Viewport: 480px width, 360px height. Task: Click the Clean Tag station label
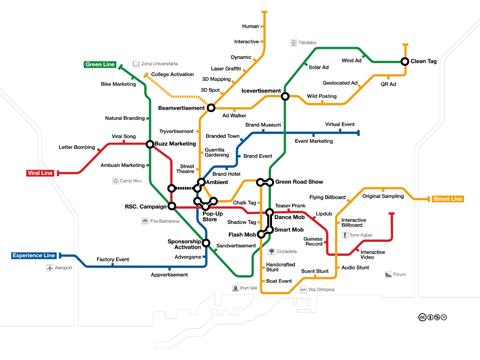point(423,62)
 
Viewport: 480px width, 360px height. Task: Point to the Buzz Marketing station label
point(175,144)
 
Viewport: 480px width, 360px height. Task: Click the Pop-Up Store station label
point(213,215)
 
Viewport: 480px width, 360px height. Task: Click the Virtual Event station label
point(341,124)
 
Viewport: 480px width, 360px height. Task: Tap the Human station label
point(250,27)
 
